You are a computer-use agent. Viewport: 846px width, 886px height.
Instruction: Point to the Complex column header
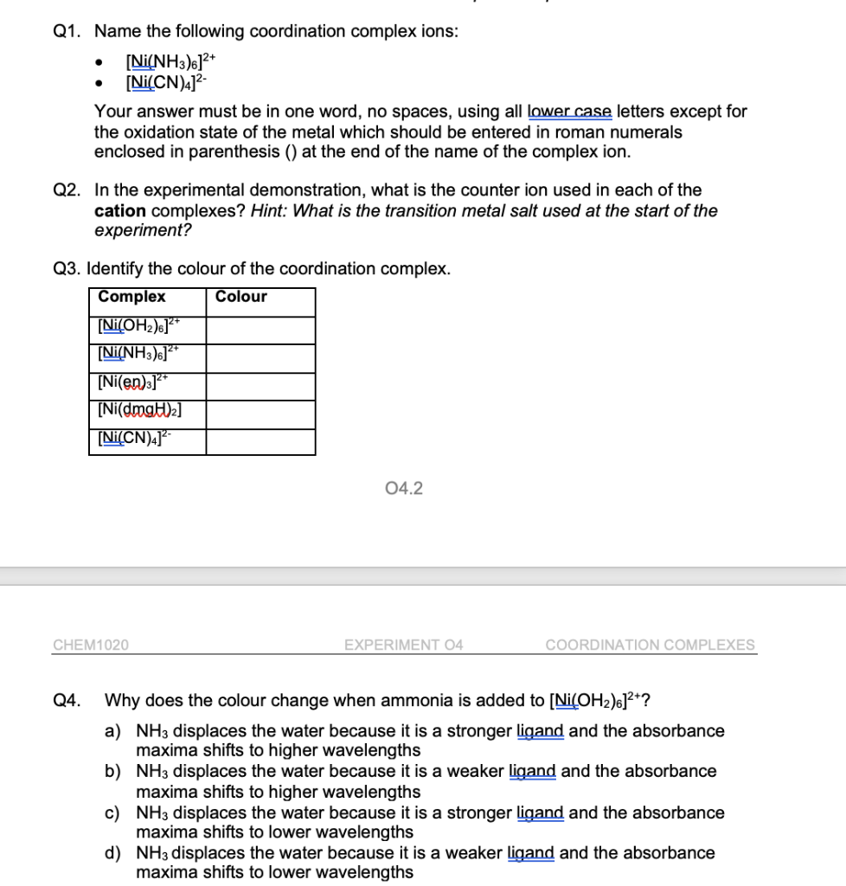click(131, 297)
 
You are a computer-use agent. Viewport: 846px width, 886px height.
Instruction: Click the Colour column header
click(241, 297)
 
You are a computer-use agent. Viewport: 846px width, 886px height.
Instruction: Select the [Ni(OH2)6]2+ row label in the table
click(138, 326)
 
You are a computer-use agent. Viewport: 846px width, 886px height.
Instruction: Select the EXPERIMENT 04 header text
click(403, 645)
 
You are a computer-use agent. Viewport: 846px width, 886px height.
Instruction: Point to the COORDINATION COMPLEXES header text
click(650, 645)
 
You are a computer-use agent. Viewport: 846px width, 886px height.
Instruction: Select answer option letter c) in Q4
click(112, 813)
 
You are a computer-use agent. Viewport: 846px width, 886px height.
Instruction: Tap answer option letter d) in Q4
click(112, 854)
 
